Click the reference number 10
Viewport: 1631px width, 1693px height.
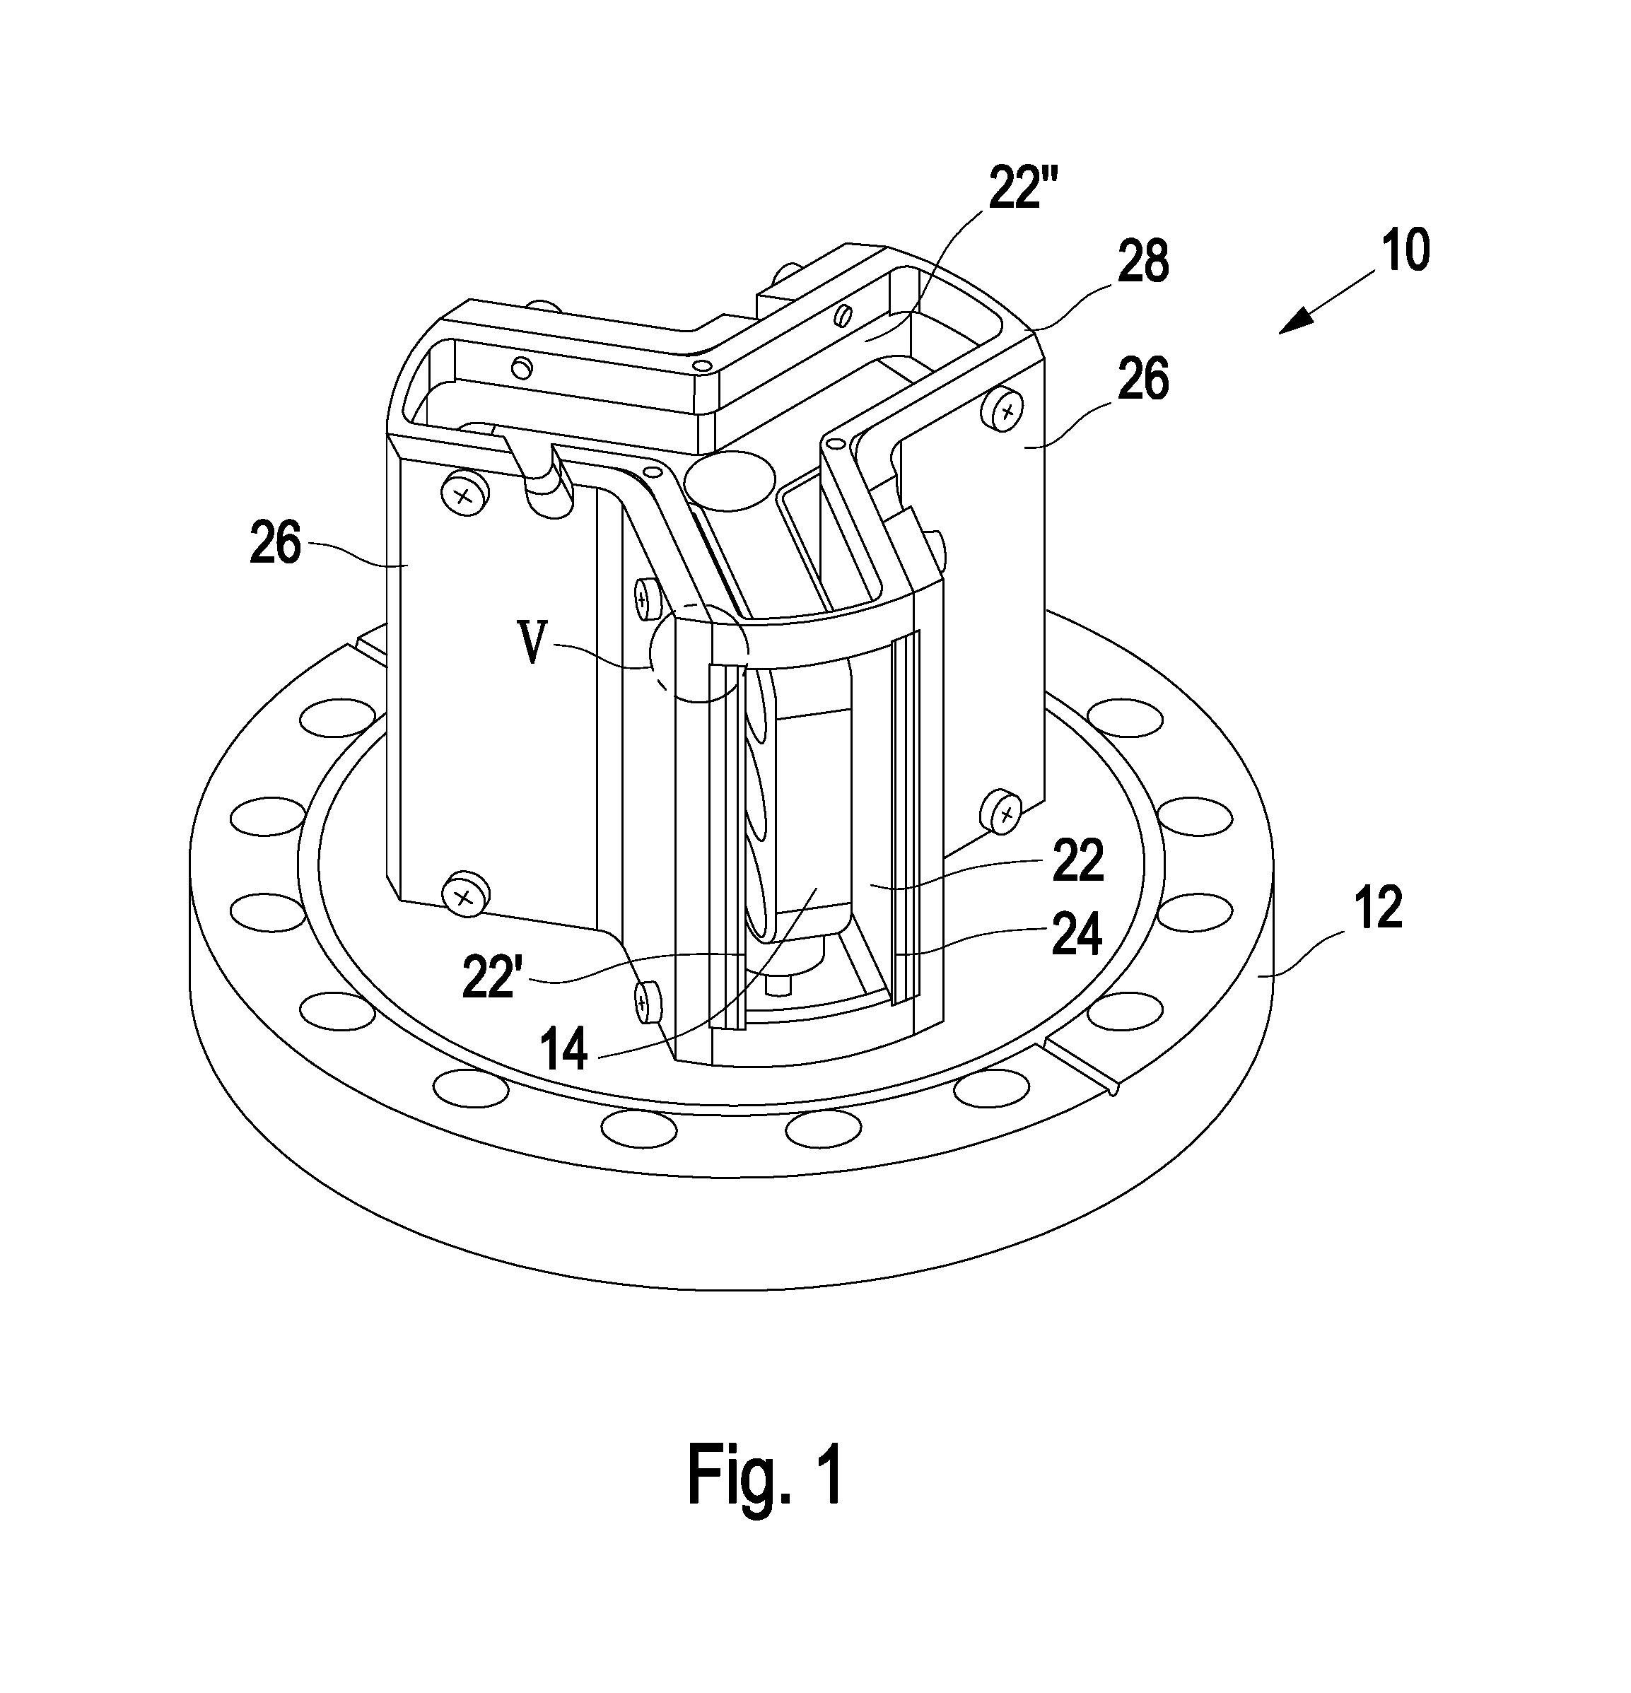click(1405, 250)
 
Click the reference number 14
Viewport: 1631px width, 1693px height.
click(563, 1050)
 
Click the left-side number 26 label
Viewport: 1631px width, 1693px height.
click(275, 544)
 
